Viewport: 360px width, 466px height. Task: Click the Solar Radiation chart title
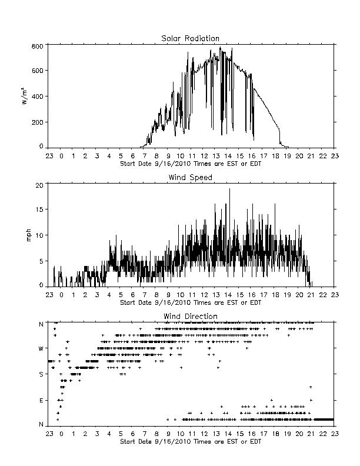pyautogui.click(x=190, y=38)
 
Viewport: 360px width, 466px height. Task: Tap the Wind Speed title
pyautogui.click(x=190, y=178)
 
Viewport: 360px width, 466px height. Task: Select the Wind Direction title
pyautogui.click(x=191, y=316)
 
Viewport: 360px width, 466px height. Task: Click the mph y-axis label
pyautogui.click(x=28, y=235)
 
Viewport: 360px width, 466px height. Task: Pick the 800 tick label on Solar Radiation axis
pyautogui.click(x=38, y=46)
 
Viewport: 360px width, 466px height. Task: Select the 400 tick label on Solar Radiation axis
pyautogui.click(x=38, y=96)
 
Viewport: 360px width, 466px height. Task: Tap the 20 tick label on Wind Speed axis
pyautogui.click(x=39, y=185)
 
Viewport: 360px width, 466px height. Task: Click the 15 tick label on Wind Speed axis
pyautogui.click(x=39, y=209)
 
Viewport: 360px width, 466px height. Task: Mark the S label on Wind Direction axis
pyautogui.click(x=41, y=374)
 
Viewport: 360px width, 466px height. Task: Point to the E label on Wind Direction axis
pyautogui.click(x=41, y=400)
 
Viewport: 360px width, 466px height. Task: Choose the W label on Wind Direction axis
pyautogui.click(x=41, y=348)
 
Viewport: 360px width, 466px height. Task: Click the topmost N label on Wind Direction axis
pyautogui.click(x=41, y=324)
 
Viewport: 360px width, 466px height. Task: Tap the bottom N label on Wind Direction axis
pyautogui.click(x=41, y=424)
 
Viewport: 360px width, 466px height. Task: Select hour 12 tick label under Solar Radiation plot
pyautogui.click(x=204, y=156)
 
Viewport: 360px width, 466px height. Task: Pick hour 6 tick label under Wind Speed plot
pyautogui.click(x=133, y=295)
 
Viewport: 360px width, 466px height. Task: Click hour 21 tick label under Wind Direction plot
pyautogui.click(x=311, y=434)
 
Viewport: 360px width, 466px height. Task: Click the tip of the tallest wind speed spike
pyautogui.click(x=229, y=188)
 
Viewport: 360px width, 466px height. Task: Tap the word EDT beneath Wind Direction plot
pyautogui.click(x=256, y=441)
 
